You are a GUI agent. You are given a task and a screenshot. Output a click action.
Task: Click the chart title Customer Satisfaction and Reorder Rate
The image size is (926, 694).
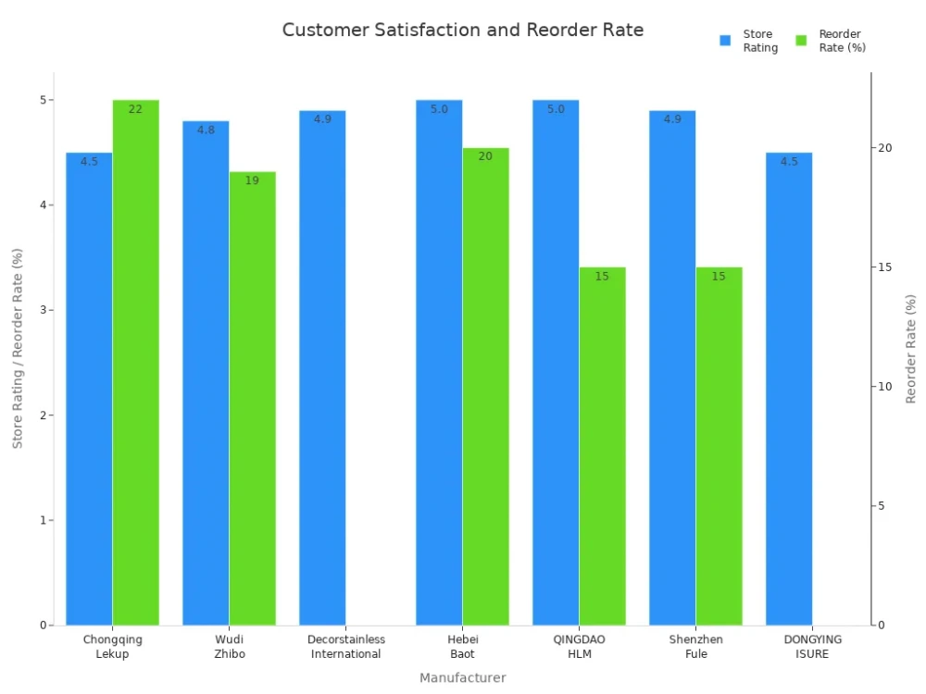click(462, 30)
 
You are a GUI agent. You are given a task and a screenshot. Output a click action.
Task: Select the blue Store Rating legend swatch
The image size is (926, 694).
click(725, 41)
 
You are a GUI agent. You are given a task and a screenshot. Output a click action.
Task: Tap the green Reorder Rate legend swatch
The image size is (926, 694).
click(801, 41)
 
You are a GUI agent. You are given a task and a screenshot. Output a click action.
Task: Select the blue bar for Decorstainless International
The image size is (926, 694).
click(322, 370)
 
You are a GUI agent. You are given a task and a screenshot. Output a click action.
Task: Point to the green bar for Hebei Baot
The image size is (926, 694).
click(485, 389)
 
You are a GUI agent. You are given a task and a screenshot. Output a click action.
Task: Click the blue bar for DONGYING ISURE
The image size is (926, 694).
click(789, 389)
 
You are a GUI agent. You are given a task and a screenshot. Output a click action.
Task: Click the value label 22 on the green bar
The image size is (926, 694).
click(135, 109)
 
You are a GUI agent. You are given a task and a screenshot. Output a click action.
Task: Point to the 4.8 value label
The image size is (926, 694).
click(206, 130)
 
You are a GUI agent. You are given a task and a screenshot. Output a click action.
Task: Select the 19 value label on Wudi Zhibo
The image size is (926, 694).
click(252, 180)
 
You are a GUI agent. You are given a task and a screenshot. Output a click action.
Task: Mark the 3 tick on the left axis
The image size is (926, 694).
click(43, 310)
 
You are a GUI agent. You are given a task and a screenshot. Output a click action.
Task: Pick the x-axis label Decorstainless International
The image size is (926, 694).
click(346, 647)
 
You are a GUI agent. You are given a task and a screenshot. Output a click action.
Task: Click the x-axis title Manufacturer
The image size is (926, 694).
click(463, 678)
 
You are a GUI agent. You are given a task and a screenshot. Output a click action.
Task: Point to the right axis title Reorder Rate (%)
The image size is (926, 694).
click(911, 349)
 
